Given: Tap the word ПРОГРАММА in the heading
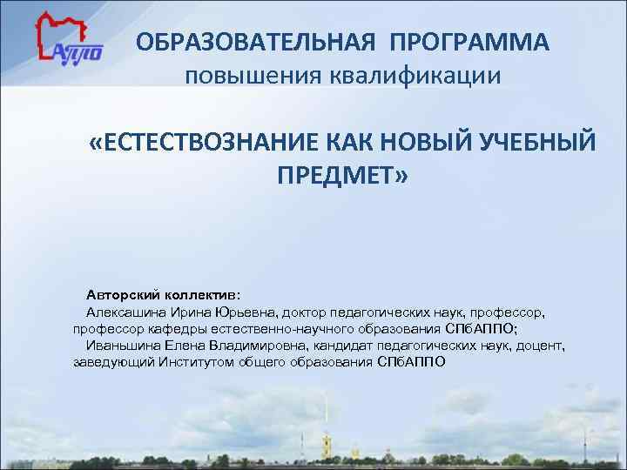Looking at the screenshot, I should pyautogui.click(x=469, y=41).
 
